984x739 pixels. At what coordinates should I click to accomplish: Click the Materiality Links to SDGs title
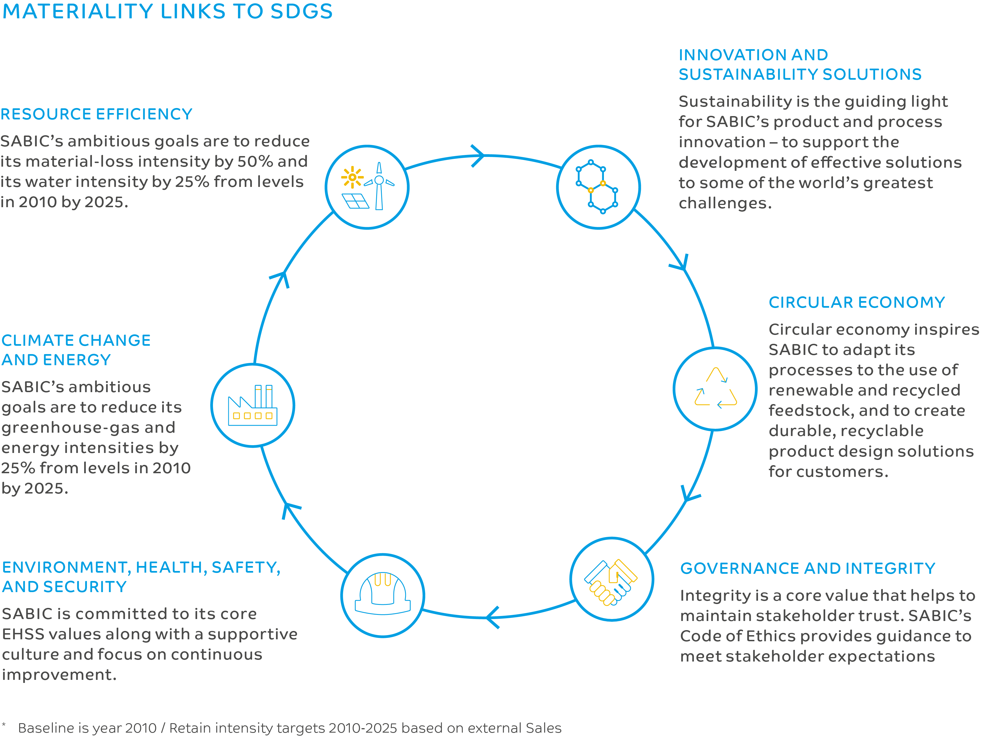pyautogui.click(x=167, y=12)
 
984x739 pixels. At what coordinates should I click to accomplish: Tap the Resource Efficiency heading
pyautogui.click(x=96, y=114)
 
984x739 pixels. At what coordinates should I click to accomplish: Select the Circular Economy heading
pyautogui.click(x=856, y=302)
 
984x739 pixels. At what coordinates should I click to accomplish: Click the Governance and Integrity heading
pyautogui.click(x=807, y=568)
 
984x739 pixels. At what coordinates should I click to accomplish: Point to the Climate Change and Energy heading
pyautogui.click(x=76, y=350)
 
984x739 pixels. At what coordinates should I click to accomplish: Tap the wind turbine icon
pyautogui.click(x=379, y=186)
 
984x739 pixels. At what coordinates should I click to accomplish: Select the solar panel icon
pyautogui.click(x=355, y=201)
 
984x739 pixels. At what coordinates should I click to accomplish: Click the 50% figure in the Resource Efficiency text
pyautogui.click(x=255, y=162)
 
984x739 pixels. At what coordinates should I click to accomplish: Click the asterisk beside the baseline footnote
pyautogui.click(x=4, y=725)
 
